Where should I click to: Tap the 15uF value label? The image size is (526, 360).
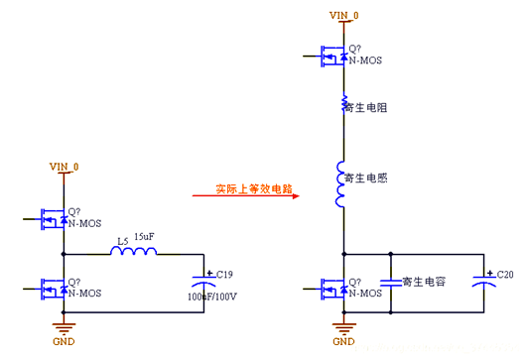pyautogui.click(x=144, y=237)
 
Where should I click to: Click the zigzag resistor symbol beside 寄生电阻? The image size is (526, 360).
pyautogui.click(x=343, y=104)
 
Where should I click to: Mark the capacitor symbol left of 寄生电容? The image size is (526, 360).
pyautogui.click(x=393, y=281)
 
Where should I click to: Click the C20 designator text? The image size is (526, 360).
pyautogui.click(x=503, y=273)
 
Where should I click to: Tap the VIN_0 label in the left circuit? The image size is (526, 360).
pyautogui.click(x=64, y=167)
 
